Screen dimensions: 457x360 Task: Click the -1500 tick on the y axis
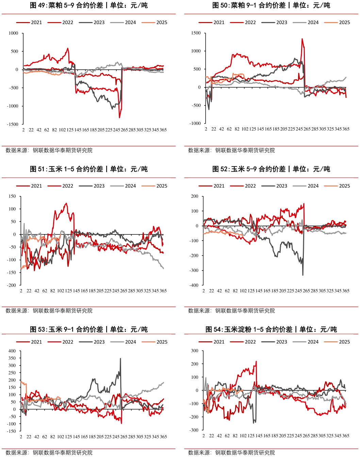[13, 124]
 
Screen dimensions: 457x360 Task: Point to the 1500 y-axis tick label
[196, 33]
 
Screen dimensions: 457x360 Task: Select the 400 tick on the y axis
[12, 351]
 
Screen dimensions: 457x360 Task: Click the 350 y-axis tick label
[12, 358]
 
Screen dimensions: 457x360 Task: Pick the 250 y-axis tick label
[12, 373]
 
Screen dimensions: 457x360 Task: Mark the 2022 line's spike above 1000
[302, 39]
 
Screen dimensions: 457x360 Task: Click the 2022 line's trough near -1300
[119, 117]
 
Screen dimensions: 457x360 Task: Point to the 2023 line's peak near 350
[120, 358]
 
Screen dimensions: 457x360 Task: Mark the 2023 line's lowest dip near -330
[303, 275]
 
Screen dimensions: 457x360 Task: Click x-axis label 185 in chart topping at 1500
[276, 129]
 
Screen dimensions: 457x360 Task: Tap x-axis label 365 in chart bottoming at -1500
[163, 130]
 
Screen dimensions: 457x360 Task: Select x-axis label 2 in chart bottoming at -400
[203, 291]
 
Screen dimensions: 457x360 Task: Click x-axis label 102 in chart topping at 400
[61, 437]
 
